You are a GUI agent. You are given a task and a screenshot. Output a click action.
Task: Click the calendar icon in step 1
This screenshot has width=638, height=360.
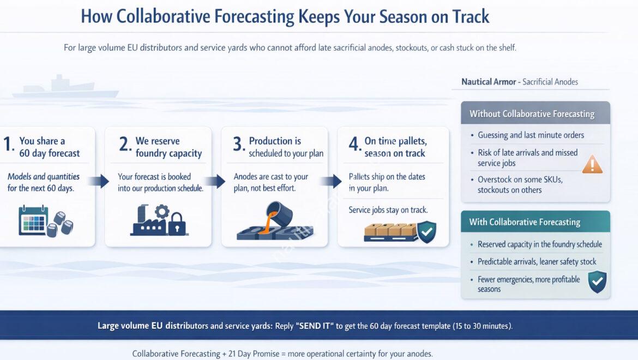(x=33, y=220)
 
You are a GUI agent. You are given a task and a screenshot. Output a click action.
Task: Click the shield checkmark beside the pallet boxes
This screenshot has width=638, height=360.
(x=426, y=232)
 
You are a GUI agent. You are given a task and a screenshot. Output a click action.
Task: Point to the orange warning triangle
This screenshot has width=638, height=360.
(x=592, y=164)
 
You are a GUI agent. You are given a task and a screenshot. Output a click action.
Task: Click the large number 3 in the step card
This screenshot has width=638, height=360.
(x=238, y=145)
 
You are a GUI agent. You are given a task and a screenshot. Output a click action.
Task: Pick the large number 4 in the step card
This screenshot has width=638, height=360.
(x=354, y=145)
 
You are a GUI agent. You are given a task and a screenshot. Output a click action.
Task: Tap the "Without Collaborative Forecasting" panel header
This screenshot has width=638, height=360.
(x=532, y=114)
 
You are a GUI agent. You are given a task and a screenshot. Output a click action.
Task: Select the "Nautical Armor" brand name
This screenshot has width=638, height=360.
(x=489, y=82)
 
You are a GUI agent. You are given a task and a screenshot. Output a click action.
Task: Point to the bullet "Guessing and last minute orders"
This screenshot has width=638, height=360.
(x=531, y=135)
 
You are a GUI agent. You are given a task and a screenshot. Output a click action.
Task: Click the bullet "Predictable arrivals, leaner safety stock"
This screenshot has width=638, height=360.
(x=537, y=262)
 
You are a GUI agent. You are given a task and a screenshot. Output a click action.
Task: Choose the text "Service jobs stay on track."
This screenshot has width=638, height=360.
(x=388, y=210)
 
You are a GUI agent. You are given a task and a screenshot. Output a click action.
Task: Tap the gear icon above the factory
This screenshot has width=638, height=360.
(x=162, y=210)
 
